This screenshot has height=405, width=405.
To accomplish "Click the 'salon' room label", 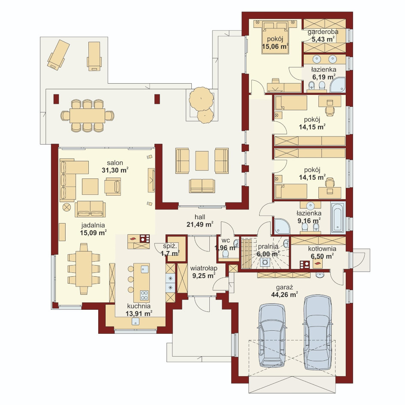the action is pos(115,163).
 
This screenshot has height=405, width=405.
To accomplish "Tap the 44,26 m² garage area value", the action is pos(284,294).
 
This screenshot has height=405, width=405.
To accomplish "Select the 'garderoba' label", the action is pos(323,32).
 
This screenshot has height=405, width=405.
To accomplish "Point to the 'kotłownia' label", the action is pos(322,249).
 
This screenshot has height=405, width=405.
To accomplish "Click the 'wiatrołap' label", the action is pos(204,269).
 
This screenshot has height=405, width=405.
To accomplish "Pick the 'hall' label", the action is pos(200,217).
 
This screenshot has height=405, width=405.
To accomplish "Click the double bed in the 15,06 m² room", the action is pos(275,37).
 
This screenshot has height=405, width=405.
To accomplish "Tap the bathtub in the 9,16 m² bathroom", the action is pos(338,218).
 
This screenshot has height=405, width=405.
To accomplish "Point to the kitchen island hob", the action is pos(145,295).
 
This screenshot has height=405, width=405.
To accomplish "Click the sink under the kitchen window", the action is pos(136,321).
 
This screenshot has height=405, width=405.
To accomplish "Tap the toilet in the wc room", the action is pos(226,254).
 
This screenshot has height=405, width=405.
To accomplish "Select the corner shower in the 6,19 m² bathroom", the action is pos(339,85).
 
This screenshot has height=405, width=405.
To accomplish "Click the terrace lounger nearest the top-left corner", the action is pos(58,55).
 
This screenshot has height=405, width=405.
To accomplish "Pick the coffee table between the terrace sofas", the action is pos(202,160).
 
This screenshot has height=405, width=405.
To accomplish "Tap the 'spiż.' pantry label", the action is pos(170,246).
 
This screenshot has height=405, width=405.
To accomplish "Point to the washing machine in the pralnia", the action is pos(265,262).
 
